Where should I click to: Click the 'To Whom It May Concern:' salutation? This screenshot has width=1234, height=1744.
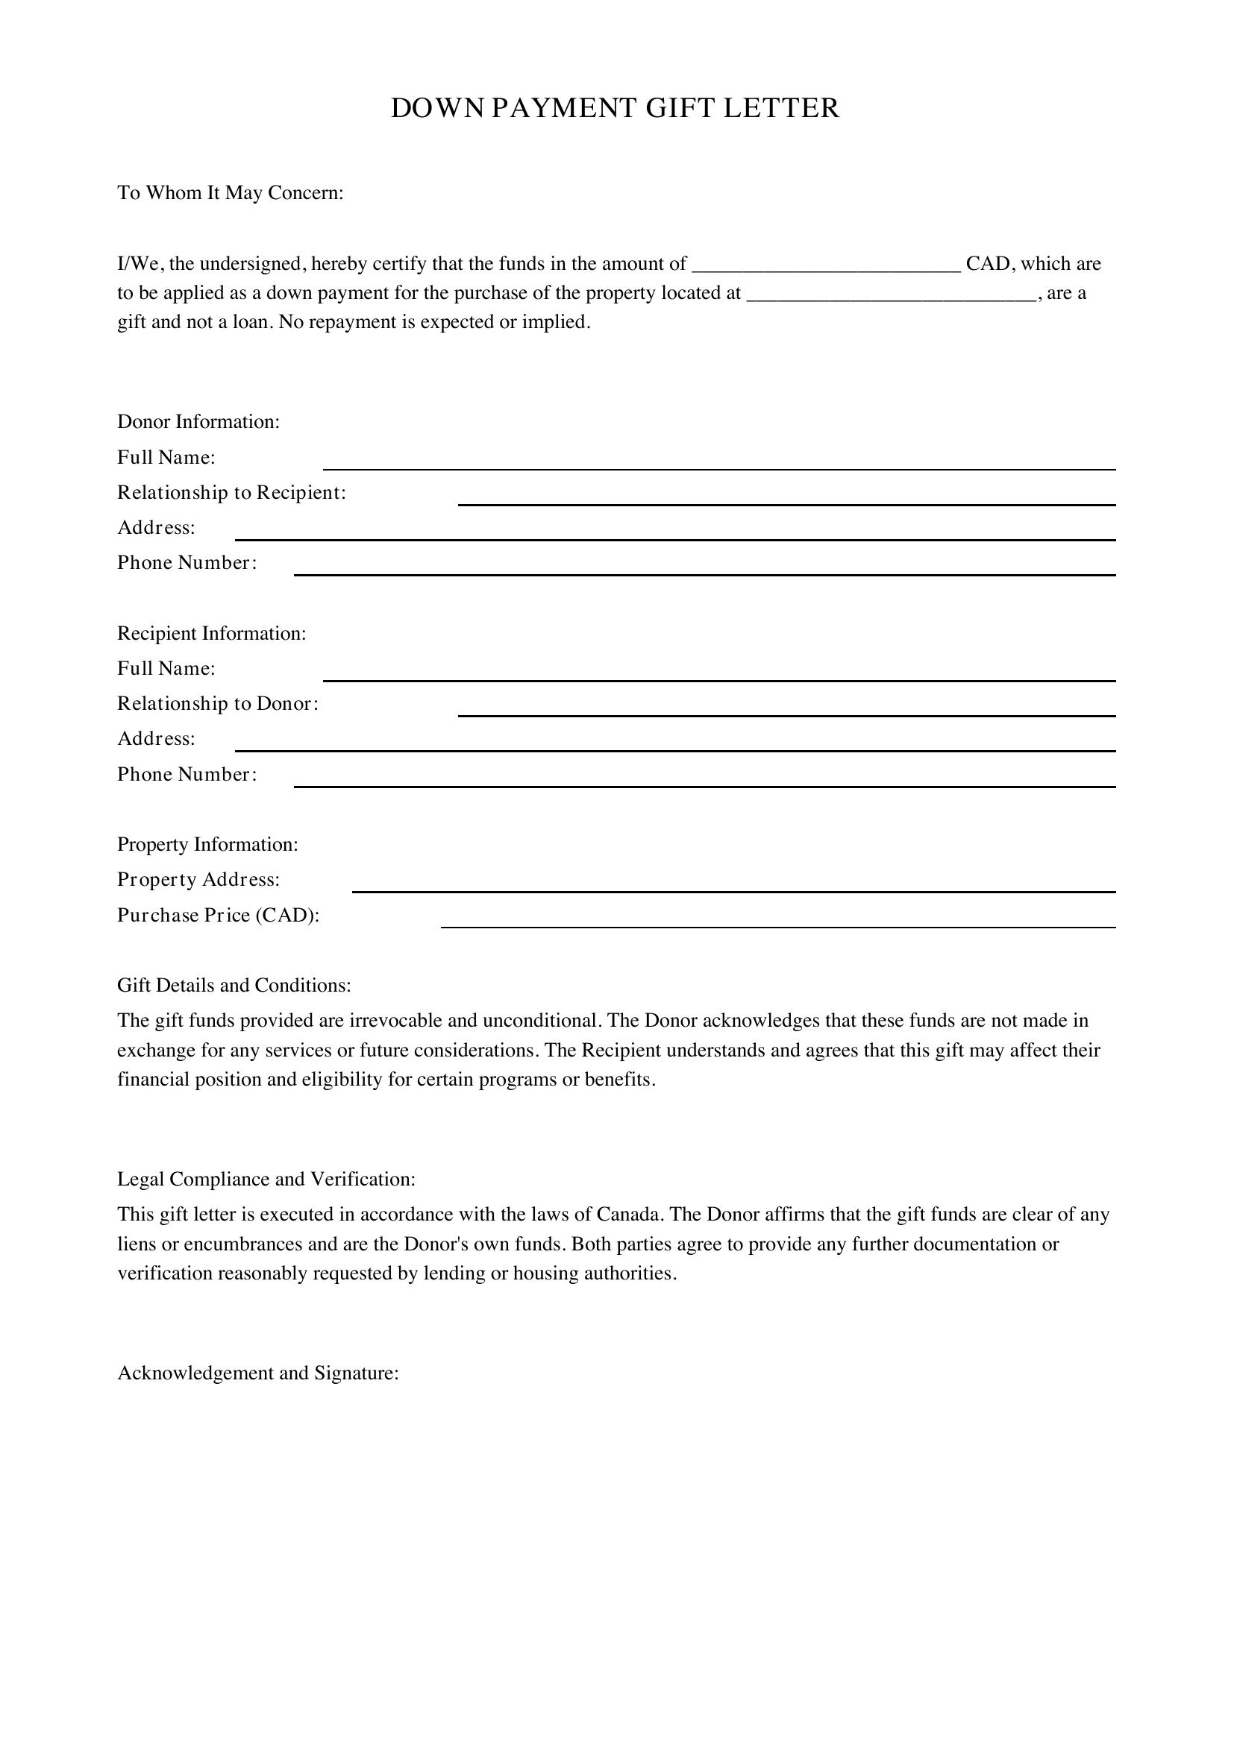coord(231,193)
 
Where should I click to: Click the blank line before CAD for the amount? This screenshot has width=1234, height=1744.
coord(827,266)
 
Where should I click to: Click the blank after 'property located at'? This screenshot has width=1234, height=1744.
coord(892,295)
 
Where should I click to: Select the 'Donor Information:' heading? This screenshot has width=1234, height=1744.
coord(198,421)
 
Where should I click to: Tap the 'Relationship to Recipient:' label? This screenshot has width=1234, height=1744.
coord(232,493)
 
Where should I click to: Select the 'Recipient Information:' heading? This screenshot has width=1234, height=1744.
coord(211,634)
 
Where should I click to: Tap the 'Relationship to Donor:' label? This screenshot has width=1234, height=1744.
coord(217,704)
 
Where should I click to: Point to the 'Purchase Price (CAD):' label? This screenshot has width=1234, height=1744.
coord(218,916)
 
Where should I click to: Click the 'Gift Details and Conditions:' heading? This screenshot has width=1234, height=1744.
coord(234,986)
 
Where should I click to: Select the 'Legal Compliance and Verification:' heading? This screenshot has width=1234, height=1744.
coord(266,1180)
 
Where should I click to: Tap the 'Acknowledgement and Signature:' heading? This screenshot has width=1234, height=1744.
coord(257,1373)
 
